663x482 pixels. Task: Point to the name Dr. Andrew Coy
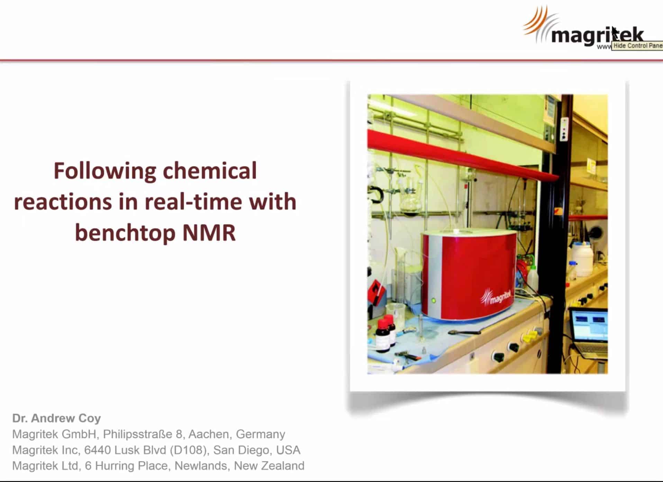coord(56,418)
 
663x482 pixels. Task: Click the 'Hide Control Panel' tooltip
coord(637,45)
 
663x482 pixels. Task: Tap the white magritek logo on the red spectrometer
coord(497,297)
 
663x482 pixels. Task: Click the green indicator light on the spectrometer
coord(433,300)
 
